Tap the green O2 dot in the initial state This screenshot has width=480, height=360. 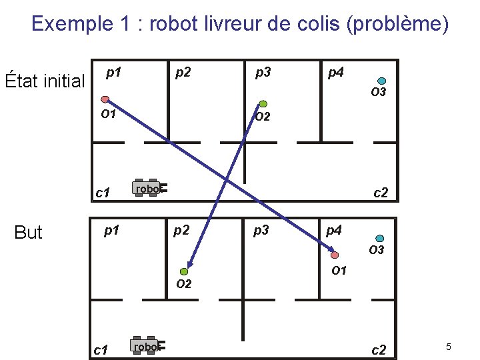263,103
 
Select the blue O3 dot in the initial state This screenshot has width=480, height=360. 382,79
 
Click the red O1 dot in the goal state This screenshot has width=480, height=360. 335,255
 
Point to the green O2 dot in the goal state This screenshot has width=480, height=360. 185,271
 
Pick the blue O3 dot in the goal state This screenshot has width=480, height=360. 379,238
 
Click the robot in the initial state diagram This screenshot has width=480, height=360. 149,189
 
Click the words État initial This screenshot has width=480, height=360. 45,81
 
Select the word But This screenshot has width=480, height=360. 28,232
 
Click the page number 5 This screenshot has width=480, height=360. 449,347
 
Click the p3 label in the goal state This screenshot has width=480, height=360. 260,231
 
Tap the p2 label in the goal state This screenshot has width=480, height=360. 181,231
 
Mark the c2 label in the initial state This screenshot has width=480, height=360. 381,193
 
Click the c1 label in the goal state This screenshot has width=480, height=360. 101,349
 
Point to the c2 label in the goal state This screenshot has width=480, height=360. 379,349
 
